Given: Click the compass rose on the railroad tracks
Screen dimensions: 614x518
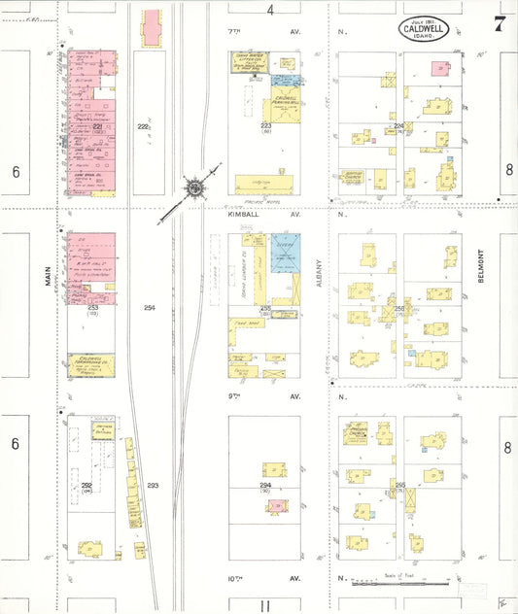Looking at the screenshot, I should point(194,185).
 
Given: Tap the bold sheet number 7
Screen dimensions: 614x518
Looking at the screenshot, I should point(499,23).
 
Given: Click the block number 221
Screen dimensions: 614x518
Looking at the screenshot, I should point(97,127).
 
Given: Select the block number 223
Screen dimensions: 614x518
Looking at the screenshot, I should point(265,125).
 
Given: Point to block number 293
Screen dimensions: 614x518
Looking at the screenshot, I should point(153,484).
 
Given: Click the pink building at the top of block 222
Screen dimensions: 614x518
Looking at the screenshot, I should point(153,28).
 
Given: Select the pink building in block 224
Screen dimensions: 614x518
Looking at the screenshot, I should point(441,70).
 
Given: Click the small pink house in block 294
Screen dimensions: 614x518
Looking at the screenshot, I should point(279,506).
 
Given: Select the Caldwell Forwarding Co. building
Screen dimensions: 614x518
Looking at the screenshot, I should point(90,365).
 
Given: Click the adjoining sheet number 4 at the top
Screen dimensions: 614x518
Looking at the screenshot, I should point(271,10).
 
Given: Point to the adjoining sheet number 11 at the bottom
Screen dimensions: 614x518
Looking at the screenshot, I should point(265,605).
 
